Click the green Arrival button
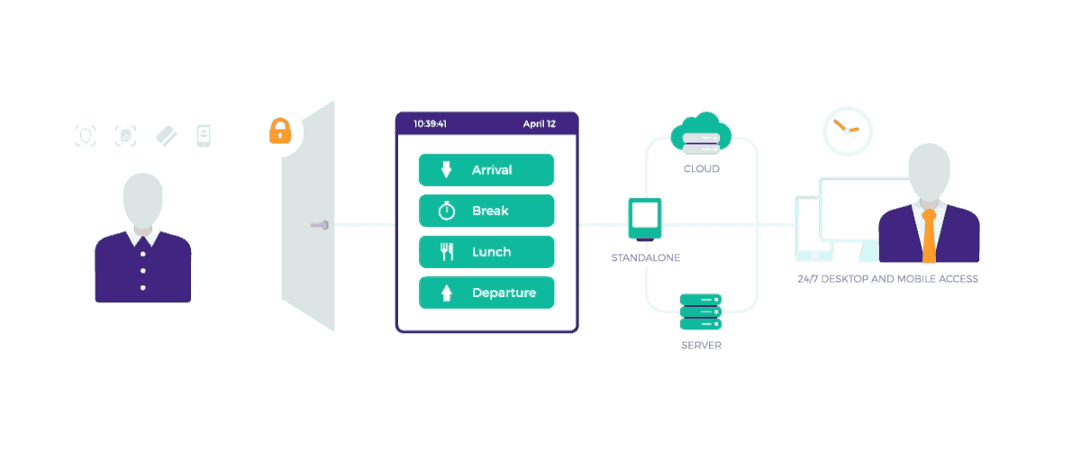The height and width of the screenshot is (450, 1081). (x=486, y=170)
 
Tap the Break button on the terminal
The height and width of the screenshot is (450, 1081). (x=486, y=211)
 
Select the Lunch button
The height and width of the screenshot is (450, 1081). (x=486, y=252)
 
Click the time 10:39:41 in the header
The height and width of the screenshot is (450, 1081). (x=431, y=124)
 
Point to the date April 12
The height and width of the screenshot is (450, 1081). (x=540, y=124)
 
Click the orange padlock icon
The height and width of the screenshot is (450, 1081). (x=280, y=131)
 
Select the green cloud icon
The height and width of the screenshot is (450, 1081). (x=701, y=132)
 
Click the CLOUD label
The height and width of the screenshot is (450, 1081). (x=701, y=168)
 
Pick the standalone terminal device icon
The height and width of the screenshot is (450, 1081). (x=645, y=219)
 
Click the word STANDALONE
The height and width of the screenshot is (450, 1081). (x=645, y=258)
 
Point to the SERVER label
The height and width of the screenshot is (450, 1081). (x=701, y=346)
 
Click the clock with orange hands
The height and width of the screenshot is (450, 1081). (x=848, y=130)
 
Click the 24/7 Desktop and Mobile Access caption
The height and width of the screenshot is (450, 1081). (x=887, y=279)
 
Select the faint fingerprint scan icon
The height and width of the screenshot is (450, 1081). (x=125, y=136)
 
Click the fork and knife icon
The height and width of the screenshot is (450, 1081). (x=447, y=252)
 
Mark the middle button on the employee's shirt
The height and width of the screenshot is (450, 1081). (x=142, y=270)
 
